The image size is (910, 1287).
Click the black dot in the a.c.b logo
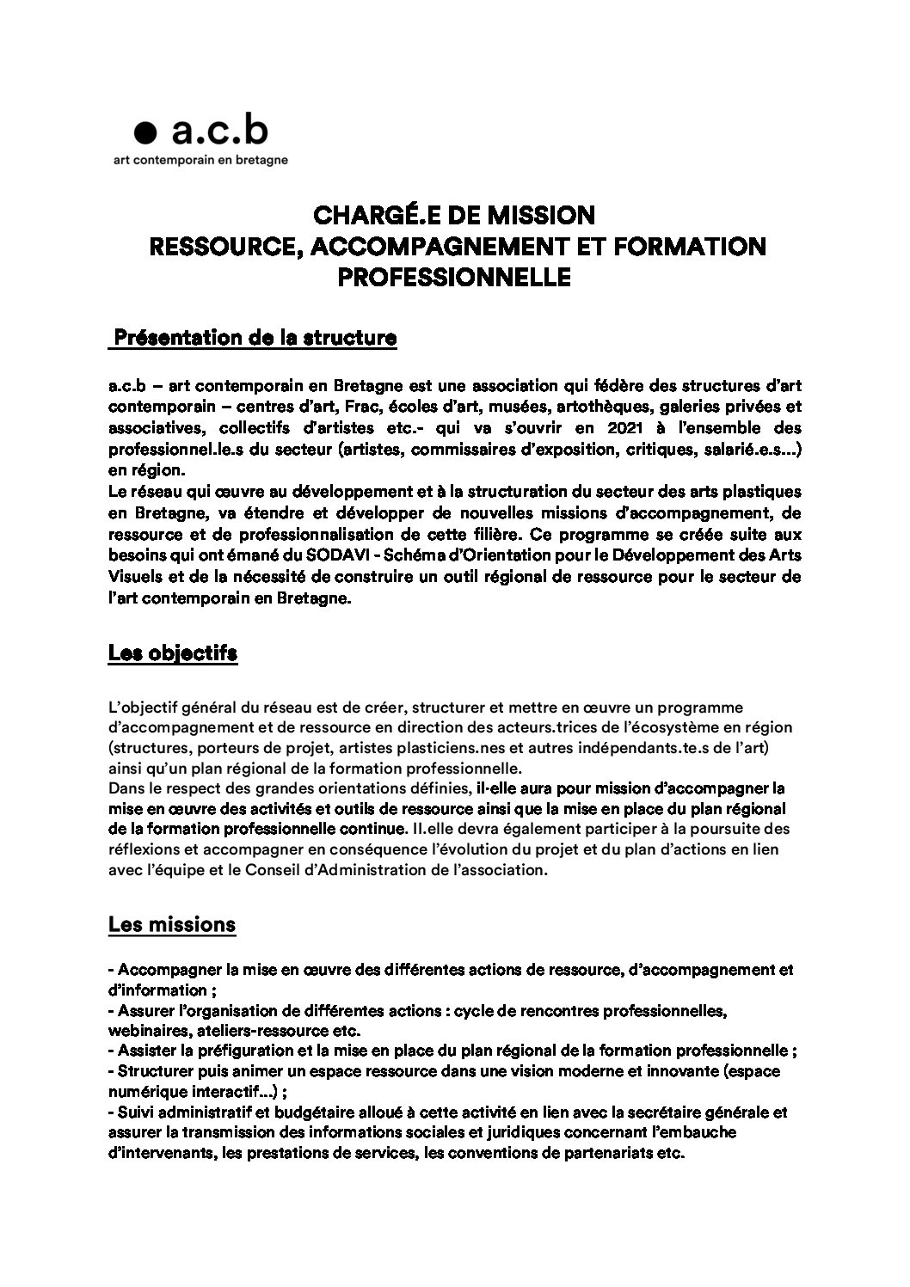(148, 132)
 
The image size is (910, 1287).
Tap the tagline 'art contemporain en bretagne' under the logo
(201, 159)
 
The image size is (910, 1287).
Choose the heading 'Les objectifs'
(173, 653)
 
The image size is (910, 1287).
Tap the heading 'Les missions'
(172, 925)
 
